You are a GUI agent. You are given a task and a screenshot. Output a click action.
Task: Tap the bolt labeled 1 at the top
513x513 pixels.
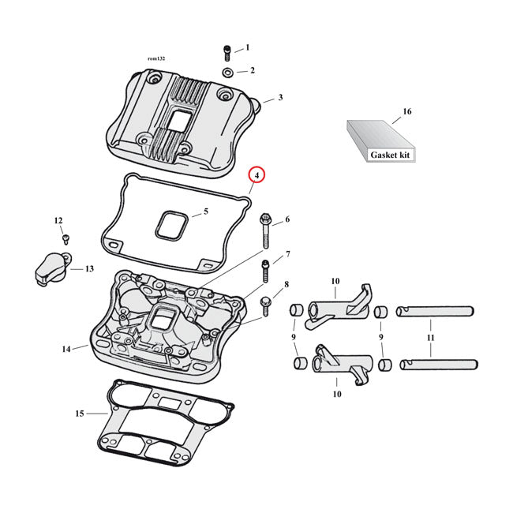pos(226,53)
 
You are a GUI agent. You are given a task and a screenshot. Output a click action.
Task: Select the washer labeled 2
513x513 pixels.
pos(227,73)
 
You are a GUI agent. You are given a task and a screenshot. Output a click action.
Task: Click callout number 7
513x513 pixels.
pos(287,254)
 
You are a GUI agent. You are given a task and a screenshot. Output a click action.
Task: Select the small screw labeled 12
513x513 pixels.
pos(66,238)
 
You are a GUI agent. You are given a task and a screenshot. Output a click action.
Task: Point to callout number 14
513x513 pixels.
pos(66,348)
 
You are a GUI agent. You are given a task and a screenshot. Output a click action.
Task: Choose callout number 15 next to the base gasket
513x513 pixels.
pos(79,414)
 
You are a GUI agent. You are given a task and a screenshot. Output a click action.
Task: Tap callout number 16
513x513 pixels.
pos(407,112)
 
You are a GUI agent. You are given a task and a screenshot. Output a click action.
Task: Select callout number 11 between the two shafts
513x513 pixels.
pos(430,337)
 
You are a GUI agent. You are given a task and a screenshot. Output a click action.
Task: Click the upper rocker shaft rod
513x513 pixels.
pos(433,310)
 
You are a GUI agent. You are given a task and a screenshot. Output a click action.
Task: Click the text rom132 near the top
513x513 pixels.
pos(158,58)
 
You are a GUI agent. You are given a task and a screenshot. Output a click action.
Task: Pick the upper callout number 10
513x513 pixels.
pos(335,282)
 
